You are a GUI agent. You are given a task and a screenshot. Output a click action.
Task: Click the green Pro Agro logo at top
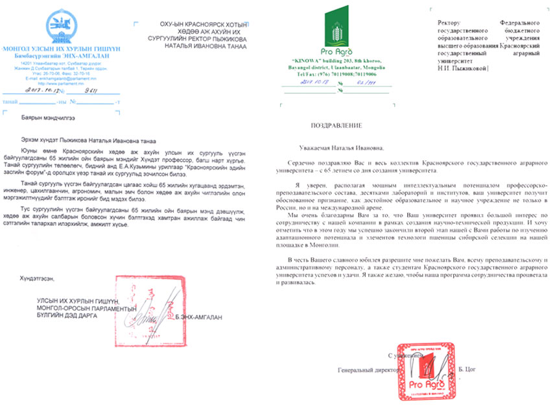tap(335, 32)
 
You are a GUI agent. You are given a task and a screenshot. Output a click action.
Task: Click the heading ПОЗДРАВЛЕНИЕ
tap(336, 123)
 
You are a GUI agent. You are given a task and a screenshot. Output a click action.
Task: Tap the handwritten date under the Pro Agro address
tap(301, 82)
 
